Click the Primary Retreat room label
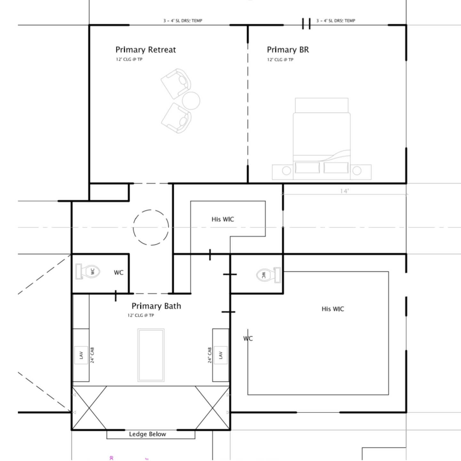point(145,50)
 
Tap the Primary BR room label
point(288,50)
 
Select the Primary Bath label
point(156,306)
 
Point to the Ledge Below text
point(147,434)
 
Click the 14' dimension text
point(344,191)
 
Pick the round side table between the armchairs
point(191,101)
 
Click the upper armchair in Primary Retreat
point(176,84)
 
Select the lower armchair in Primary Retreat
point(176,118)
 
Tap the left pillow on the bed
point(307,167)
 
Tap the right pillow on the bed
point(336,167)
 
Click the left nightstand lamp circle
point(286,171)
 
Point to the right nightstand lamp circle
point(357,171)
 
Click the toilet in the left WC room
point(88,271)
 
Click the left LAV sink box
point(81,355)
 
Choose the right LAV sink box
point(221,355)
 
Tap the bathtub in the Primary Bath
point(151,355)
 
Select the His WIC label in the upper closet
point(223,219)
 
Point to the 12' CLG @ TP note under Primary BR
point(280,60)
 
